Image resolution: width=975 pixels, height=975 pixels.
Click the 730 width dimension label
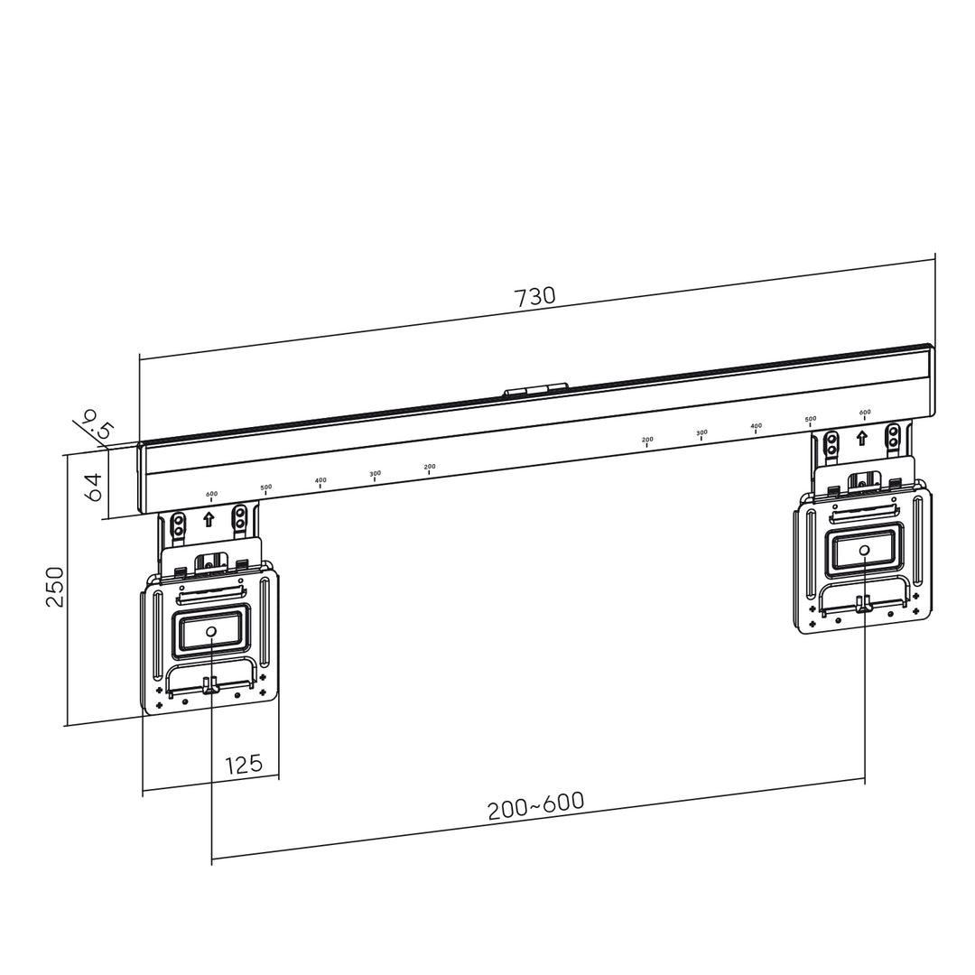pyautogui.click(x=534, y=296)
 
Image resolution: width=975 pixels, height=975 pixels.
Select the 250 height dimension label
pyautogui.click(x=55, y=587)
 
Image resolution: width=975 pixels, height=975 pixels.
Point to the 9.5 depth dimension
pyautogui.click(x=94, y=423)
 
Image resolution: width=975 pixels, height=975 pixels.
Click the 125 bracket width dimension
pyautogui.click(x=243, y=765)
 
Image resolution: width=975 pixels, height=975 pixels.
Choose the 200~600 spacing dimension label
pyautogui.click(x=536, y=805)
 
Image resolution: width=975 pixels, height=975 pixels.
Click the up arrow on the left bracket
pyautogui.click(x=209, y=519)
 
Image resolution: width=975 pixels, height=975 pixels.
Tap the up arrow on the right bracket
pyautogui.click(x=862, y=438)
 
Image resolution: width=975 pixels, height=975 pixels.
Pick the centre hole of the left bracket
pyautogui.click(x=210, y=631)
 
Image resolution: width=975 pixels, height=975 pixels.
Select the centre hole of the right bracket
pyautogui.click(x=864, y=550)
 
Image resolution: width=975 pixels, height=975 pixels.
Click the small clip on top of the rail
pyautogui.click(x=535, y=390)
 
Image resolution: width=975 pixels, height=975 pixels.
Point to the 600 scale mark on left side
pyautogui.click(x=211, y=496)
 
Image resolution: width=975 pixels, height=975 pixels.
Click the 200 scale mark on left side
pyautogui.click(x=430, y=469)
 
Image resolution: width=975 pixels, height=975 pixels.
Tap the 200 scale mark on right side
pyautogui.click(x=647, y=441)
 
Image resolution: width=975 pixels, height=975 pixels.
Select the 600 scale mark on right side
pyautogui.click(x=865, y=414)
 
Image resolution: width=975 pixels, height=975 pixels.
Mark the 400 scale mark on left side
pyautogui.click(x=320, y=482)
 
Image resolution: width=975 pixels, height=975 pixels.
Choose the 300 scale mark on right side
pyautogui.click(x=701, y=434)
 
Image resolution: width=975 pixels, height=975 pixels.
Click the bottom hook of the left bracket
pyautogui.click(x=210, y=686)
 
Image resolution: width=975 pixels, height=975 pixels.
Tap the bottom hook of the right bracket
pyautogui.click(x=863, y=603)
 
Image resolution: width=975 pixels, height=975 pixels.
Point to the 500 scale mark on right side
pyautogui.click(x=811, y=421)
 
